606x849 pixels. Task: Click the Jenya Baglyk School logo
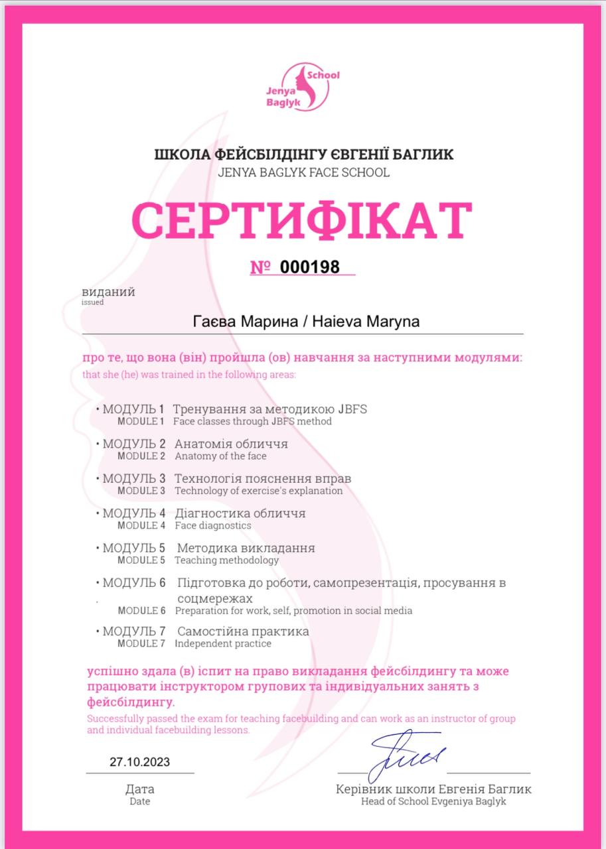point(304,87)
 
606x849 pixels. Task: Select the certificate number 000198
point(310,267)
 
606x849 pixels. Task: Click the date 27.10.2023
point(139,762)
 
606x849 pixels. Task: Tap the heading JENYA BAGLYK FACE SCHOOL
point(303,173)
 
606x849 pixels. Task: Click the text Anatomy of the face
point(220,456)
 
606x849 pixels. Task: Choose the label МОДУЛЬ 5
point(133,549)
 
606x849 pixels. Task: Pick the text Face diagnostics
point(213,525)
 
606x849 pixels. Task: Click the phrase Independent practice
point(223,643)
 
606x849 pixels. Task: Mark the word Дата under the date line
point(139,789)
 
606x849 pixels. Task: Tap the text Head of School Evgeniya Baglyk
point(433,801)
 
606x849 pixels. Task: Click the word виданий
point(108,292)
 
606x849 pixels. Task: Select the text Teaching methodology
point(227,560)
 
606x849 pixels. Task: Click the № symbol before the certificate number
point(260,267)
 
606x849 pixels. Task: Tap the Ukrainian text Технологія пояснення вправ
point(263,478)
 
